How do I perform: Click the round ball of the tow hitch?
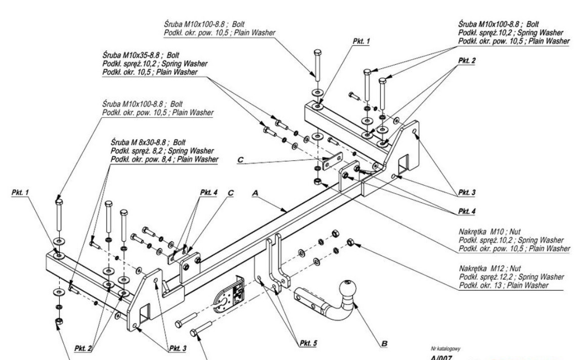tap(349, 290)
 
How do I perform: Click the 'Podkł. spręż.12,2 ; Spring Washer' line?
tap(511, 277)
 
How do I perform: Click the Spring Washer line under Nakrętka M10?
tap(511, 240)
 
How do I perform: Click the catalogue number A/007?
tap(440, 357)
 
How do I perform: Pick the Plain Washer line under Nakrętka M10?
tap(513, 248)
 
